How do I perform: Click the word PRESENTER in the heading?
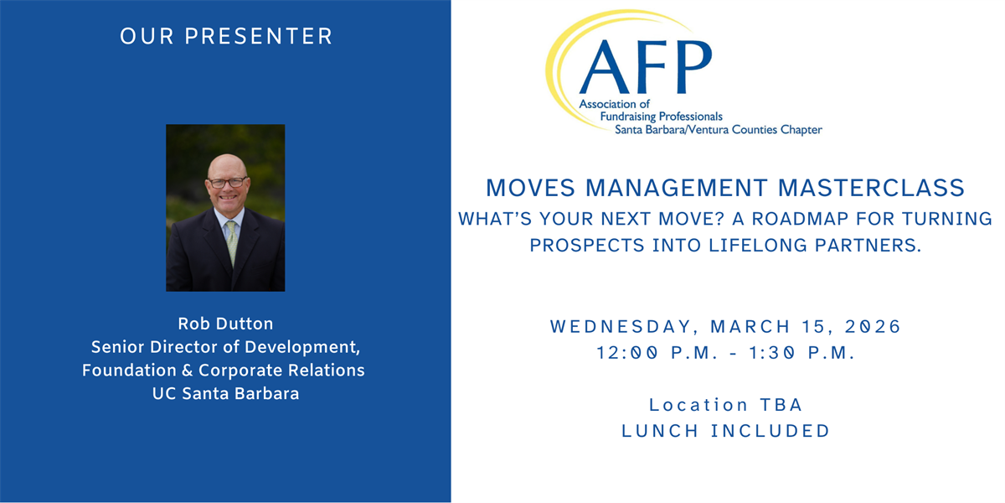click(259, 36)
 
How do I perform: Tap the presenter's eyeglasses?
click(228, 183)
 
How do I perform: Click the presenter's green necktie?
click(231, 242)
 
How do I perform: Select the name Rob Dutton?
click(225, 324)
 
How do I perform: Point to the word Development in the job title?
click(302, 347)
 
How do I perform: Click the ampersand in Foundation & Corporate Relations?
click(188, 371)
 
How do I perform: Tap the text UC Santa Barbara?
click(225, 394)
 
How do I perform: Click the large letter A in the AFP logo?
click(605, 67)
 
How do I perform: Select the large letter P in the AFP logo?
click(694, 67)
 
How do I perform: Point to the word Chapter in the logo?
click(801, 130)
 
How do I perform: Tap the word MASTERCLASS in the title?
click(871, 188)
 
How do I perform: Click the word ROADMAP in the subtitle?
click(800, 219)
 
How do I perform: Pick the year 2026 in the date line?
click(873, 326)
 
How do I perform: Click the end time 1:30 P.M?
click(802, 353)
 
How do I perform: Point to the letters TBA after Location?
click(781, 405)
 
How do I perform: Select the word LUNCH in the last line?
click(660, 431)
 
